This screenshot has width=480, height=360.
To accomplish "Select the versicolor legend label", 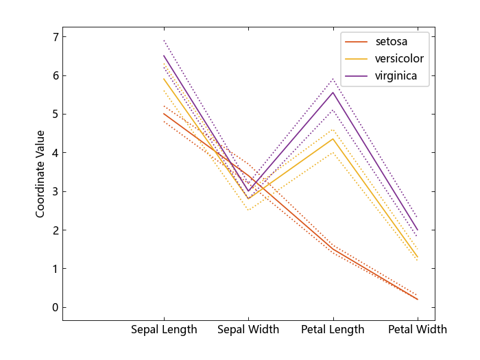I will click(399, 58).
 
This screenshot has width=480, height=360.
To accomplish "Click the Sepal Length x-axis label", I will click(164, 330).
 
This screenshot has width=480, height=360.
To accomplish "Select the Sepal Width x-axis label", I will click(248, 330).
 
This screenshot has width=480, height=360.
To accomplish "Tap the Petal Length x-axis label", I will click(333, 330).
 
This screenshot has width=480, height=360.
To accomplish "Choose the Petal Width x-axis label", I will click(417, 330).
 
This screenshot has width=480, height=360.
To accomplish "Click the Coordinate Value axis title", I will click(40, 173).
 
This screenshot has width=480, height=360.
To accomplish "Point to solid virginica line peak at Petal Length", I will click(333, 92).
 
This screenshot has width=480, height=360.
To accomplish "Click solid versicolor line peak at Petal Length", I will click(333, 139).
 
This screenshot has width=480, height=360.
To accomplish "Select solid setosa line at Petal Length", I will click(333, 249).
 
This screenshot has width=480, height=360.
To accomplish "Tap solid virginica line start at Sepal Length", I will click(164, 56).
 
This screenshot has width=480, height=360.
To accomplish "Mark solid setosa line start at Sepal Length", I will click(164, 113).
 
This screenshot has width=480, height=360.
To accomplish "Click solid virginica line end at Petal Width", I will click(417, 230).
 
